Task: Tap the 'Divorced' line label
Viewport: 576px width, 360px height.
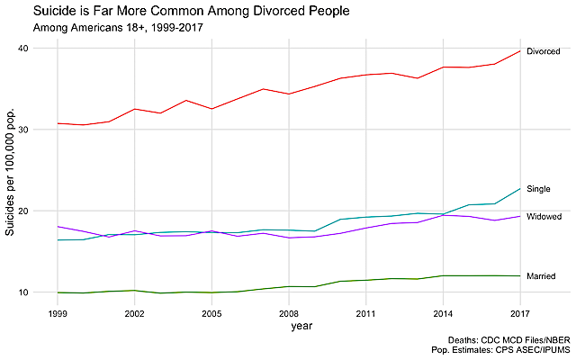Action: pos(544,51)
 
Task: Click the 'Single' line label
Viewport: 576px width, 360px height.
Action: pos(538,189)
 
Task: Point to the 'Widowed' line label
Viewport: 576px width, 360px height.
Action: pos(544,217)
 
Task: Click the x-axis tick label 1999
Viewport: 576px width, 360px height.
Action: pos(58,315)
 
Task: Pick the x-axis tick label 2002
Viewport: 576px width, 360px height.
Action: pos(134,315)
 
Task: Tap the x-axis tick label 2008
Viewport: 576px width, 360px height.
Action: pos(289,315)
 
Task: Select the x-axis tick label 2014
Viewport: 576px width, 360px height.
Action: pos(443,315)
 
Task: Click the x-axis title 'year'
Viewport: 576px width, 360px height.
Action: pos(289,326)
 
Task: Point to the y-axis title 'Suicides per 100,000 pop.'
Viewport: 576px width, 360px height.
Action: pos(12,171)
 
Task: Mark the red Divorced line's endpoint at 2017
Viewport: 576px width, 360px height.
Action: pos(520,50)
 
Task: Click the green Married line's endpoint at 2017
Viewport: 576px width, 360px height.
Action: pos(520,275)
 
